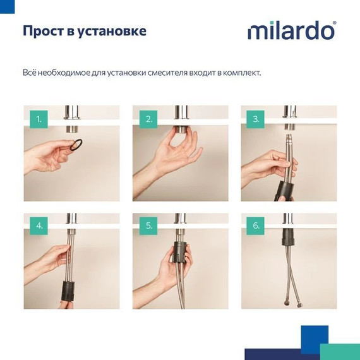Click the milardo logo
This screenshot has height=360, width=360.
pyautogui.click(x=291, y=30)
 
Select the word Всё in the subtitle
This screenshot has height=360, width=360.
pyautogui.click(x=30, y=72)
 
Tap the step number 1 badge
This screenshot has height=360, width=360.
pyautogui.click(x=39, y=118)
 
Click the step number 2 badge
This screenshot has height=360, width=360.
pyautogui.click(x=149, y=118)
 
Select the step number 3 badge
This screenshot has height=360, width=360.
pyautogui.click(x=255, y=118)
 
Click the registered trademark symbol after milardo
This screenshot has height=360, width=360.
pyautogui.click(x=334, y=23)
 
